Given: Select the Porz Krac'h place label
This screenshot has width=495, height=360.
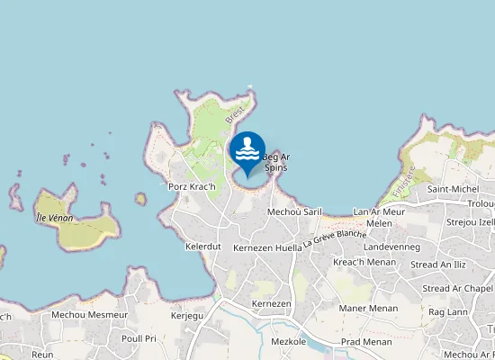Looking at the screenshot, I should tap(193, 186).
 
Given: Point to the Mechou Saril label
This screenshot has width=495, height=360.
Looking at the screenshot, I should tap(294, 211).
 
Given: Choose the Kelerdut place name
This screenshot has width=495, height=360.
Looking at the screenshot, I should tap(202, 246).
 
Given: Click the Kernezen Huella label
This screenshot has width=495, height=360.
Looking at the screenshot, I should tap(267, 247).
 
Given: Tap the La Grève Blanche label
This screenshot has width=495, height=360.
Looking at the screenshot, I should tap(335, 237).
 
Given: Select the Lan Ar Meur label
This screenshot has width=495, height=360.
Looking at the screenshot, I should tap(379, 211).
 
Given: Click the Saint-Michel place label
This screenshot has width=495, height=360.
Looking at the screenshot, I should tap(454, 189).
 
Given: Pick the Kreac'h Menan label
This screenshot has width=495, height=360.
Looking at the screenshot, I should tap(364, 263).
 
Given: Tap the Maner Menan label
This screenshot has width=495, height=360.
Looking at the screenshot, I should tap(368, 309).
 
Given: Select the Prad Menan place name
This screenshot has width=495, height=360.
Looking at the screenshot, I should tap(365, 342).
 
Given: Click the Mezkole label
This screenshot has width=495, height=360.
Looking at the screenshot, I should tap(288, 342).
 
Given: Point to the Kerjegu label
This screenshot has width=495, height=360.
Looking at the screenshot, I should tap(188, 316).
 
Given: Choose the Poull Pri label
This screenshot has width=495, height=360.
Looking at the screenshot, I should tap(139, 338).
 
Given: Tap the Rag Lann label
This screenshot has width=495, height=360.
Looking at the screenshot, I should tap(447, 311).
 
